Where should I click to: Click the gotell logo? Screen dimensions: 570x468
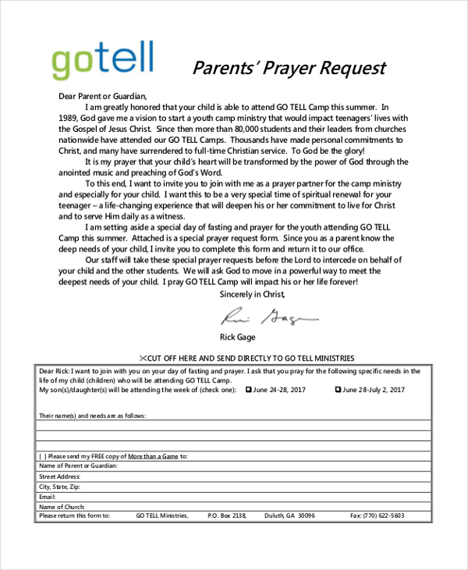tap(102, 59)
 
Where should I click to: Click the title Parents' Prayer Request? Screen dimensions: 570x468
tap(289, 68)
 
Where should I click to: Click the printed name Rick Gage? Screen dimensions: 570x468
tap(243, 337)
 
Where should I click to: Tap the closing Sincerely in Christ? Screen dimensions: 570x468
tap(253, 294)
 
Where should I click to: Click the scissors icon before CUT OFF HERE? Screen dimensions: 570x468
tap(144, 356)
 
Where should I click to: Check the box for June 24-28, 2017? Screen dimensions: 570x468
tap(250, 389)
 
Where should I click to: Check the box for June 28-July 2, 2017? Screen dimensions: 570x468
tap(338, 389)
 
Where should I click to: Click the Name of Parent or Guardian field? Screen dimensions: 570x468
tap(234, 465)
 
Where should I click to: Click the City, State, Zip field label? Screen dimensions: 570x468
tap(60, 486)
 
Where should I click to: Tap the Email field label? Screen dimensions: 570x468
tap(48, 496)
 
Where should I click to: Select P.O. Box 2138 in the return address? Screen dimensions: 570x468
tap(227, 515)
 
